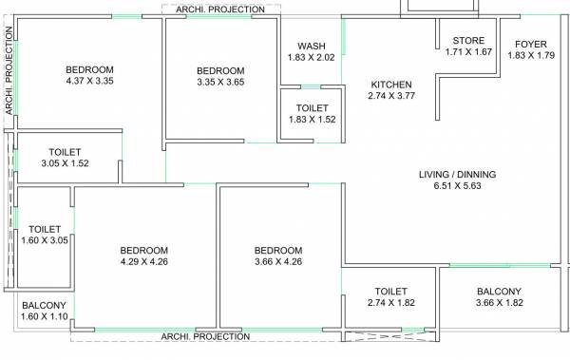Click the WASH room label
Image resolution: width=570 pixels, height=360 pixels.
[312, 46]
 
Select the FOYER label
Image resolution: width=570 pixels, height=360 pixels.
[530, 44]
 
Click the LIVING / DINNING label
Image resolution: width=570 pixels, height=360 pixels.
[457, 175]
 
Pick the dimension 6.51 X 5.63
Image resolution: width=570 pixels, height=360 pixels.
[457, 187]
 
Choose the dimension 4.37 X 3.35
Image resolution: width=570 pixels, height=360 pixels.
[89, 82]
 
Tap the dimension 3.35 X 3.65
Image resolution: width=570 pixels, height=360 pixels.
[220, 83]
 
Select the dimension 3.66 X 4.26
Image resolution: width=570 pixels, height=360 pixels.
[278, 261]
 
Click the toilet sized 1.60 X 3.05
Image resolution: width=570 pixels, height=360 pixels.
[45, 236]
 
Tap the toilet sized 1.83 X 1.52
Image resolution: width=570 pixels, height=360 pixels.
[312, 115]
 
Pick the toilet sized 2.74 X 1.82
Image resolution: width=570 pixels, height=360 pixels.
[390, 297]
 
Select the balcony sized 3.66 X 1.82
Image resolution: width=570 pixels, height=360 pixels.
[499, 297]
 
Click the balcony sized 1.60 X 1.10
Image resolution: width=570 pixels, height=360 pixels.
[45, 311]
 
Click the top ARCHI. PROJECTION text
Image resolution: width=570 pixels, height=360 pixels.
[221, 9]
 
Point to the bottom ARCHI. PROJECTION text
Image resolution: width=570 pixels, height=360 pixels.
[205, 336]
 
